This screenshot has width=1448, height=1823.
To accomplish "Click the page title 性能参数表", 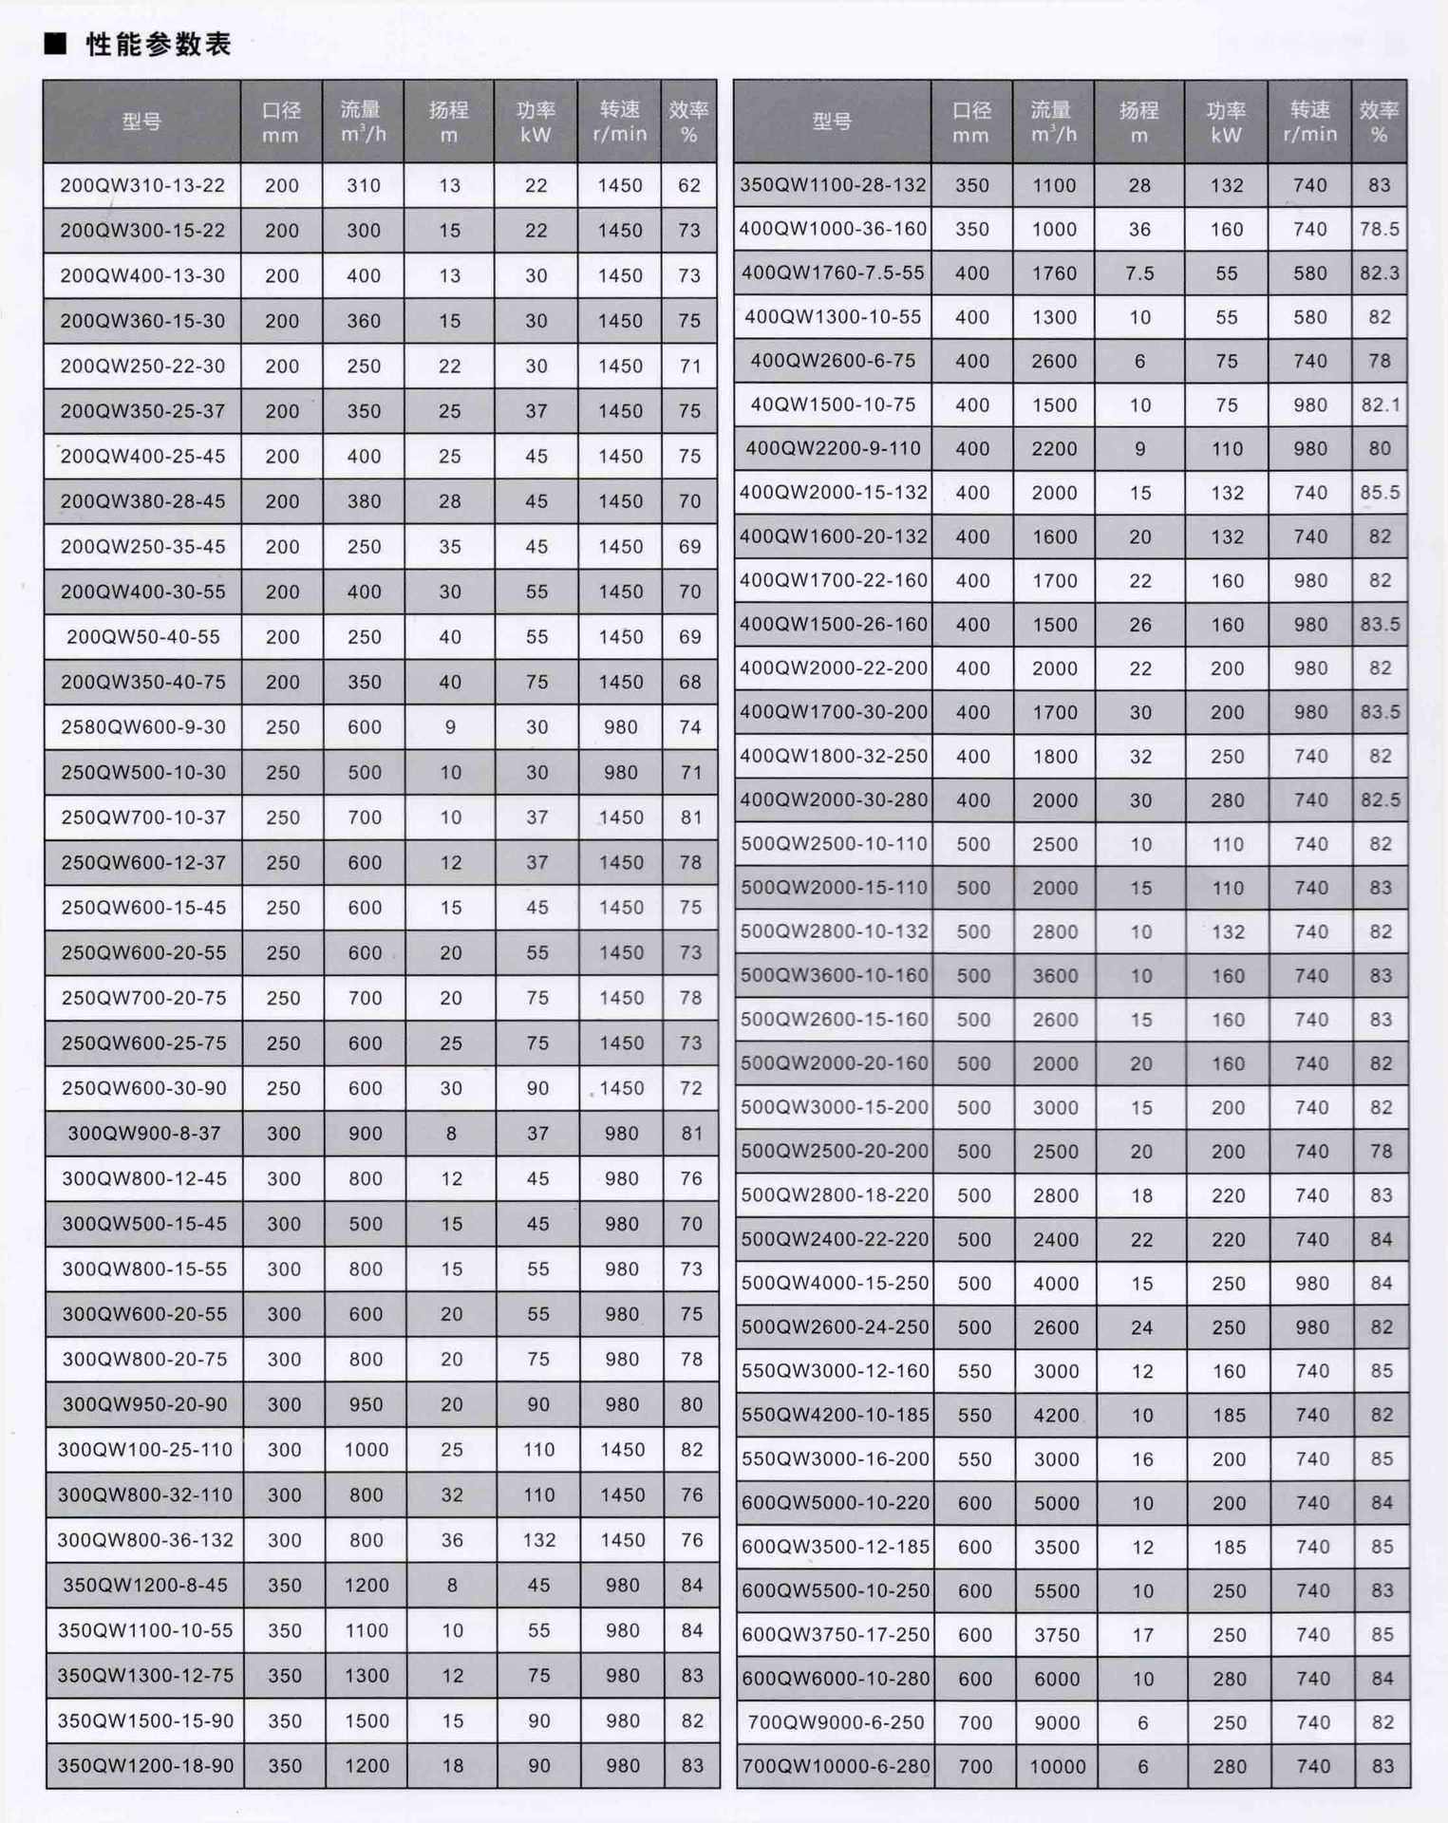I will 158,45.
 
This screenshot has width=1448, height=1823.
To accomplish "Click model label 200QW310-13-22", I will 142,185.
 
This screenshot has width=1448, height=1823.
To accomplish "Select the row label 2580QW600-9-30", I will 143,727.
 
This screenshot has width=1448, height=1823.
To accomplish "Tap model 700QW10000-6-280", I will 836,1766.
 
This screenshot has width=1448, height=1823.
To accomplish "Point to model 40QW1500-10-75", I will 833,404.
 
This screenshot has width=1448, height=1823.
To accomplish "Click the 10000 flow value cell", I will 1057,1766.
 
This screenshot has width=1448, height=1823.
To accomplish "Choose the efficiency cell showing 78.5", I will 1380,229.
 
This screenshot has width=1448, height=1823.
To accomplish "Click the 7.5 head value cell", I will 1139,273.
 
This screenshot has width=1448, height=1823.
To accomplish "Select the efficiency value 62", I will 689,185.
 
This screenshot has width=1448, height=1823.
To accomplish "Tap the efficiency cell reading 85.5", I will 1380,493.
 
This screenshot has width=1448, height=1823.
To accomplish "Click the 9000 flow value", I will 1056,1722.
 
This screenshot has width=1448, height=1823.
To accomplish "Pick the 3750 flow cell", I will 1056,1635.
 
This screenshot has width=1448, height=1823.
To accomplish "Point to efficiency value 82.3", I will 1380,273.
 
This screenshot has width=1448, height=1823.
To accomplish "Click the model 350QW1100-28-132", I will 833,185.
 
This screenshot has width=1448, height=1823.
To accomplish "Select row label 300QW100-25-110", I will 144,1450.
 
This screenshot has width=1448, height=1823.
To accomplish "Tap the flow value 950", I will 366,1404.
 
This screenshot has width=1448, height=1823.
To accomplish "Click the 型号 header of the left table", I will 141,122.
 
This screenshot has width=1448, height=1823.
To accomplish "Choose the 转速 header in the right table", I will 1309,121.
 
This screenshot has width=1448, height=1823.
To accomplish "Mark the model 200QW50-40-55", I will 143,637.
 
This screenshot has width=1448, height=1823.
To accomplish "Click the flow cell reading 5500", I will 1056,1590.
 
